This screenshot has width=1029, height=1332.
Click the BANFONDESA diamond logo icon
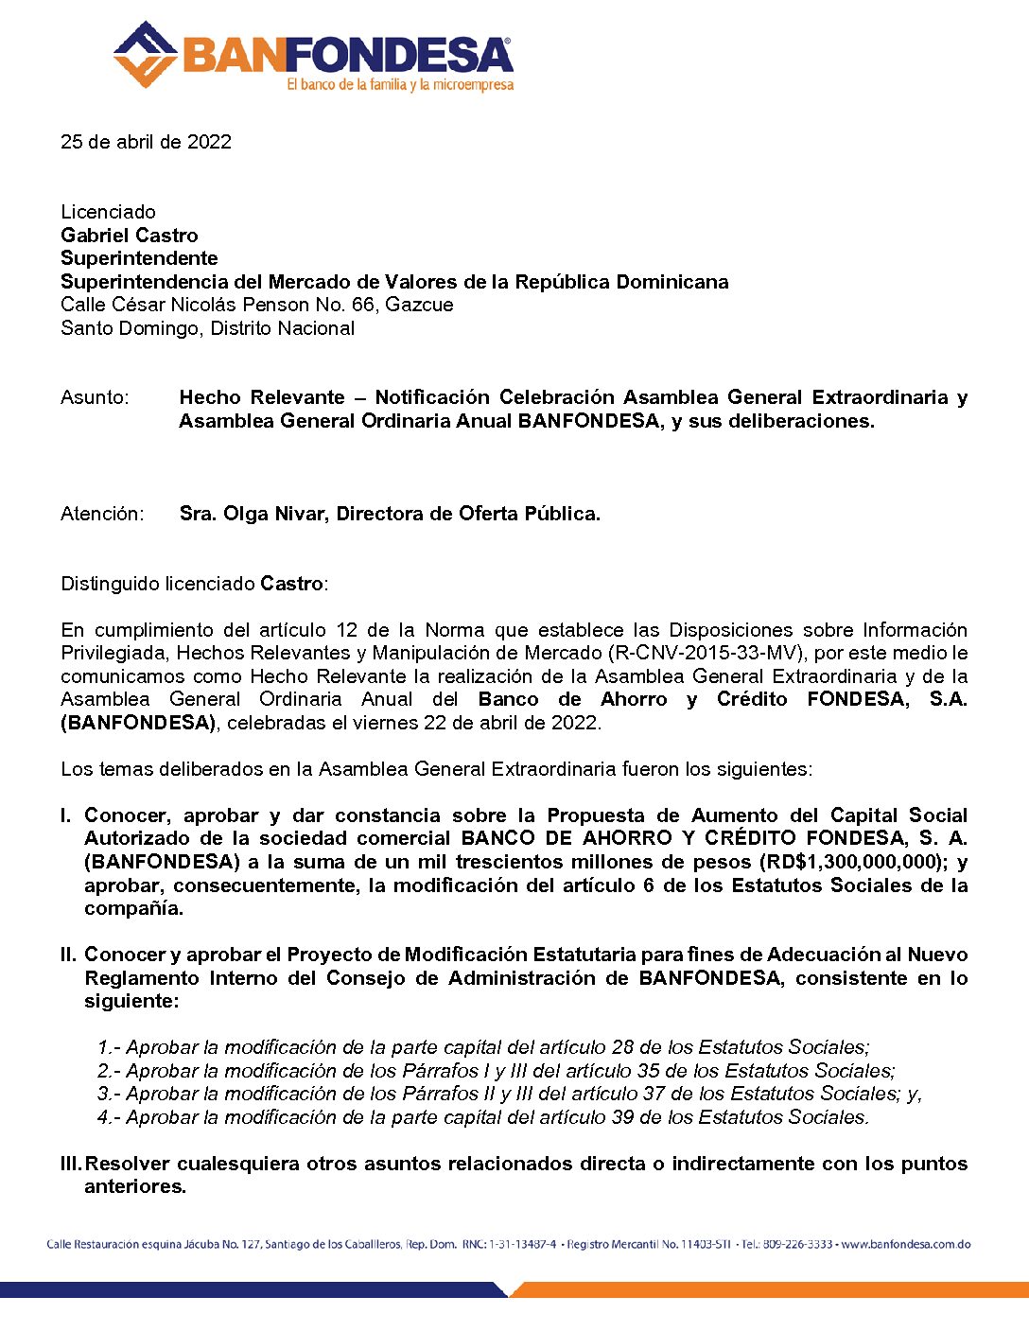pos(145,55)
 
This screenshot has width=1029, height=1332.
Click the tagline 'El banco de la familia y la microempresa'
pos(400,85)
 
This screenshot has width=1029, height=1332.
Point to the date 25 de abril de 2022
pos(146,142)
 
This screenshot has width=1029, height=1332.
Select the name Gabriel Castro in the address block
pos(130,236)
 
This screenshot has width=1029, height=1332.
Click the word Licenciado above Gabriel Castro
pos(108,212)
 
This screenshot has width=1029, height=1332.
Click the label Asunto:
pos(95,397)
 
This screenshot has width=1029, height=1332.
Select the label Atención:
pos(102,514)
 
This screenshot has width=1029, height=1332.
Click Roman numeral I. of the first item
pos(66,815)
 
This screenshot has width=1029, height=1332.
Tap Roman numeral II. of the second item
pos(68,955)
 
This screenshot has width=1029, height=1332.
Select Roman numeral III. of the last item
pos(71,1164)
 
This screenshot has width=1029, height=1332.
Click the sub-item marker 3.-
pos(109,1094)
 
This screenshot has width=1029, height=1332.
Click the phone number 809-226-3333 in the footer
pos(798,1244)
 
